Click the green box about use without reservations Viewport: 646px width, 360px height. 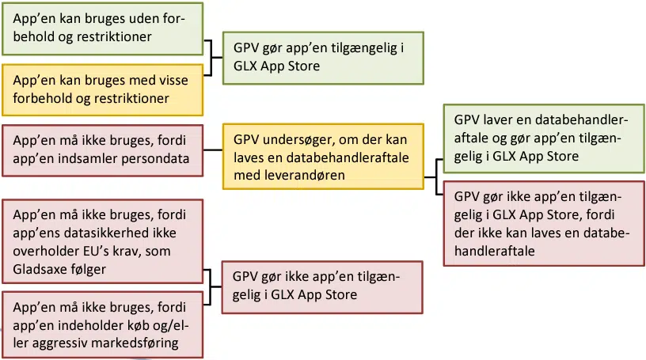click(x=102, y=28)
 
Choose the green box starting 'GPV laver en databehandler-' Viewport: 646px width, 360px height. click(x=542, y=138)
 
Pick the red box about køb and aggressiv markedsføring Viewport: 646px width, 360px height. click(x=102, y=324)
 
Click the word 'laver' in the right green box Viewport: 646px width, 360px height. click(x=505, y=120)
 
